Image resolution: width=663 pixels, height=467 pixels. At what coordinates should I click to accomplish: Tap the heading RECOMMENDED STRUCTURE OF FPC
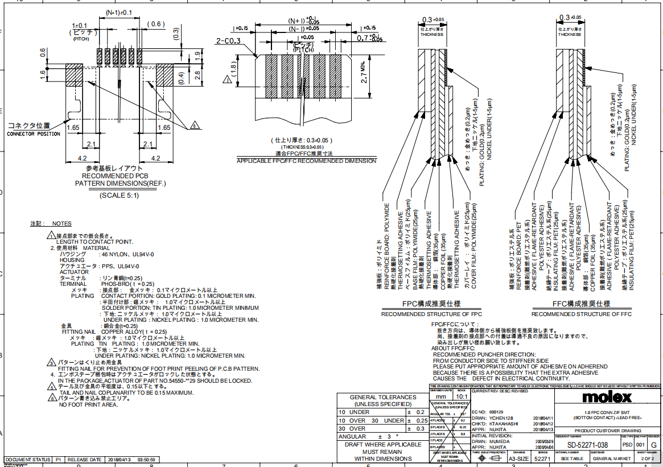431,314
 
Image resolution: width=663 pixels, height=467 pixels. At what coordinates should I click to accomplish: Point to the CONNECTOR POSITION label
33,134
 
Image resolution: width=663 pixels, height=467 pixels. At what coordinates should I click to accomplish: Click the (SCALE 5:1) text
119,195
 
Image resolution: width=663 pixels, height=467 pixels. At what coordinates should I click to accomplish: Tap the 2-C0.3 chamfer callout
228,40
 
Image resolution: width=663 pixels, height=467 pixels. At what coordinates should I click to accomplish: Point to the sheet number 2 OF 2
647,458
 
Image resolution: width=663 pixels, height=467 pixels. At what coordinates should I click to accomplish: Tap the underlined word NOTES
61,224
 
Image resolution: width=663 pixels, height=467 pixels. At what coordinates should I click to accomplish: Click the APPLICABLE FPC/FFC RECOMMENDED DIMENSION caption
306,161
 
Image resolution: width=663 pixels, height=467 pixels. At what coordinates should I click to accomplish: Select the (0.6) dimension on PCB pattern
155,23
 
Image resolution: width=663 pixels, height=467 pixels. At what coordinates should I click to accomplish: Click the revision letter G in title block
653,445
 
